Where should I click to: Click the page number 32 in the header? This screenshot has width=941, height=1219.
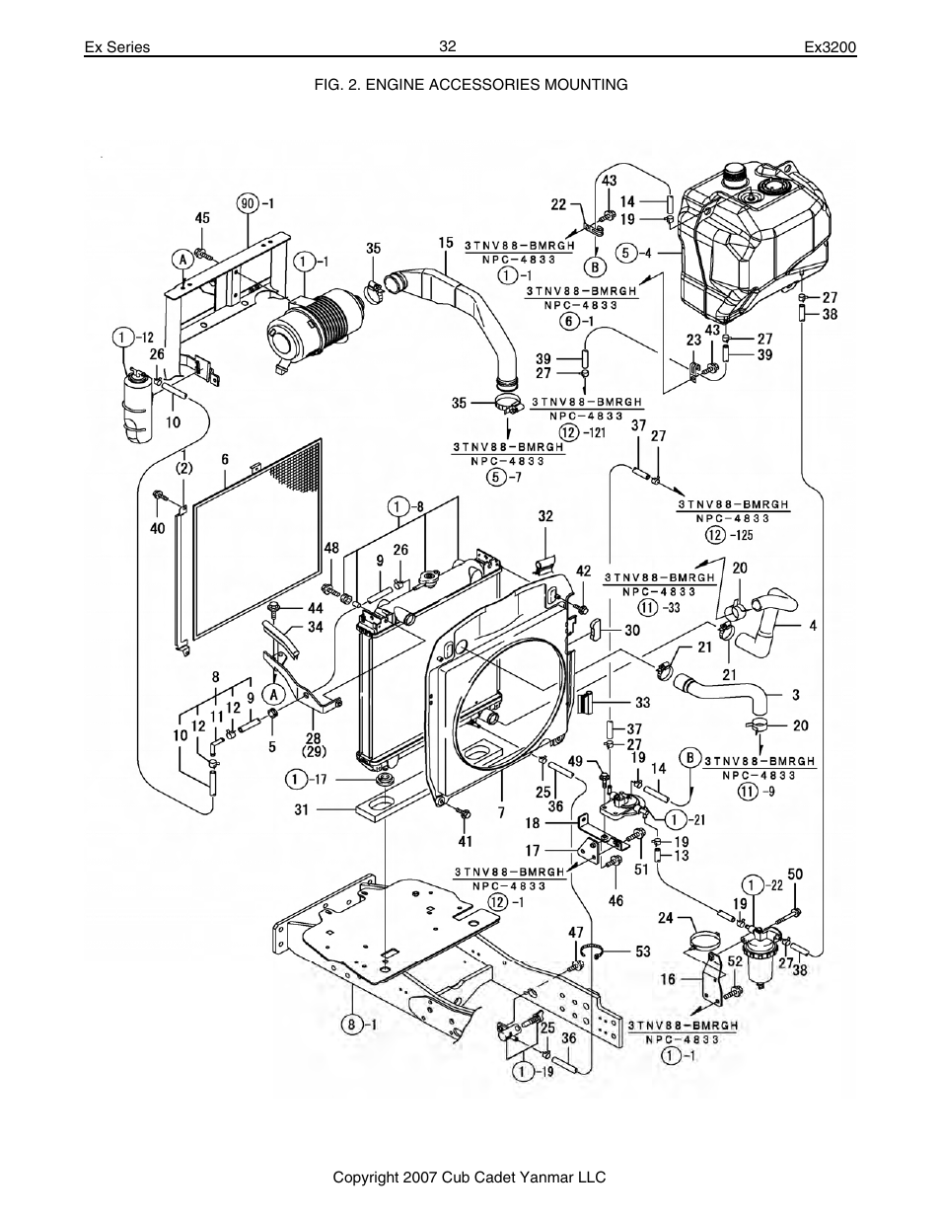(x=448, y=46)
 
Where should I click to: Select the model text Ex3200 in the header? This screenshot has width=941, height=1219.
(x=831, y=47)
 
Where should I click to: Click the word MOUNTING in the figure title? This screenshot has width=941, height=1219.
(x=585, y=85)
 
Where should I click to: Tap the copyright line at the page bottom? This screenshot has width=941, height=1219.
(x=469, y=1178)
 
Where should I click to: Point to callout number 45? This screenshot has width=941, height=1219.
(x=202, y=218)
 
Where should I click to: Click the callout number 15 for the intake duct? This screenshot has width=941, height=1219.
(x=446, y=242)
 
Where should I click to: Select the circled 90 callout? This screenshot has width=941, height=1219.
(x=250, y=203)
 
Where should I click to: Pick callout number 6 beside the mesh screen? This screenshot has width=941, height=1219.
(x=225, y=459)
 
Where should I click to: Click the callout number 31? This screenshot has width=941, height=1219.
(x=301, y=810)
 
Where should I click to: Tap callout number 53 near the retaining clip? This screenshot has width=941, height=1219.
(x=642, y=951)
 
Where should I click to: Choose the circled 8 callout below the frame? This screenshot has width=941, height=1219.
(x=350, y=1024)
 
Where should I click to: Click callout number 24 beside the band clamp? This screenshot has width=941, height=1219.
(x=665, y=918)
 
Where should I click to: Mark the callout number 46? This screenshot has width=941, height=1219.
(x=616, y=900)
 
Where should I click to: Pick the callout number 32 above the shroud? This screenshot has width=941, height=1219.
(x=545, y=515)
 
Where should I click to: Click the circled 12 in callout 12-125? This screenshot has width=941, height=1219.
(x=713, y=535)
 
